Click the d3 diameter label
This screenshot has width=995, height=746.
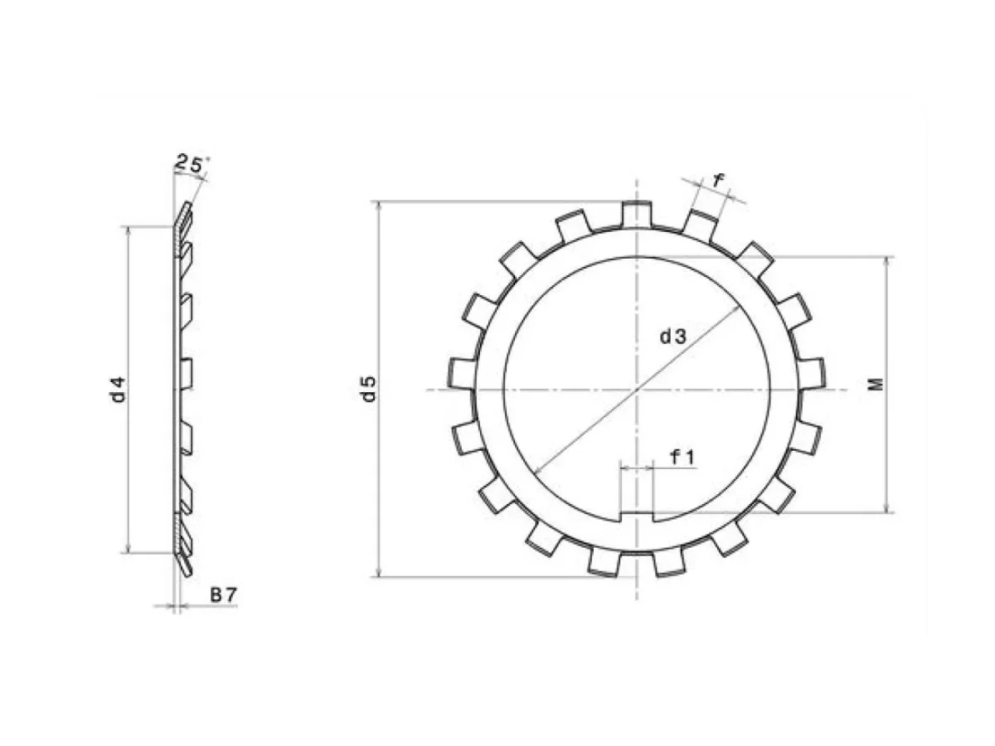pyautogui.click(x=673, y=337)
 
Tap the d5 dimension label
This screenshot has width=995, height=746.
pyautogui.click(x=370, y=388)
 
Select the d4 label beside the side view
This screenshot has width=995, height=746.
pyautogui.click(x=119, y=389)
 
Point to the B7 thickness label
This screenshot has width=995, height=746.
pyautogui.click(x=224, y=594)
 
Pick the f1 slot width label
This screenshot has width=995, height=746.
pyautogui.click(x=682, y=458)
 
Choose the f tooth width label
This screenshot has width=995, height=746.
pyautogui.click(x=717, y=180)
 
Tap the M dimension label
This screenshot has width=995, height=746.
pyautogui.click(x=877, y=384)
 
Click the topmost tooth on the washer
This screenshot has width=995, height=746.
pyautogui.click(x=637, y=214)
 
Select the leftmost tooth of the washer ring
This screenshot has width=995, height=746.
pyautogui.click(x=462, y=373)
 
